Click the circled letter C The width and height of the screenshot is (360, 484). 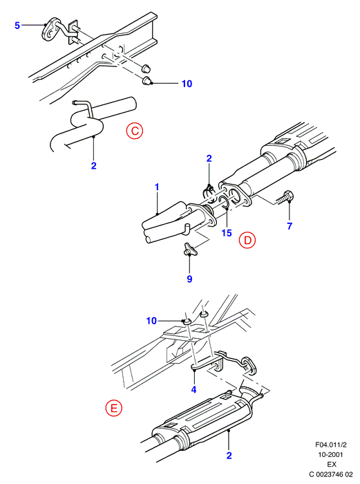pyautogui.click(x=135, y=131)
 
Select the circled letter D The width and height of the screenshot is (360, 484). pyautogui.click(x=247, y=240)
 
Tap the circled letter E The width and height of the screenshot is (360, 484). pyautogui.click(x=114, y=408)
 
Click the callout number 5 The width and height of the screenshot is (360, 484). pyautogui.click(x=17, y=26)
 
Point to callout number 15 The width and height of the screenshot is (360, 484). pyautogui.click(x=227, y=233)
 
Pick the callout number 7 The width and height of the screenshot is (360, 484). pyautogui.click(x=290, y=226)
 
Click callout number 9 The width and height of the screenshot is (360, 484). pyautogui.click(x=189, y=279)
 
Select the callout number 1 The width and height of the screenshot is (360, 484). pyautogui.click(x=157, y=187)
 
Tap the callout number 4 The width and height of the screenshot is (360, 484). pyautogui.click(x=193, y=389)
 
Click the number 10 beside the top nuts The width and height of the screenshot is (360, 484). pyautogui.click(x=187, y=84)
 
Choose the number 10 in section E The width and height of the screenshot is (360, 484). pyautogui.click(x=151, y=321)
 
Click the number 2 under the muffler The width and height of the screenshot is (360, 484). pyautogui.click(x=229, y=455)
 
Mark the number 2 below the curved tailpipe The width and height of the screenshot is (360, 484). pyautogui.click(x=94, y=165)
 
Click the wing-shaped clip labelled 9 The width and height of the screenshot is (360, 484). pyautogui.click(x=188, y=249)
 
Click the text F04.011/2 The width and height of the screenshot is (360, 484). pyautogui.click(x=331, y=445)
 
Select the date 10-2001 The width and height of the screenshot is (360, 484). pyautogui.click(x=331, y=455)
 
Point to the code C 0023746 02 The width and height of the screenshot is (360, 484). pyautogui.click(x=331, y=474)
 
